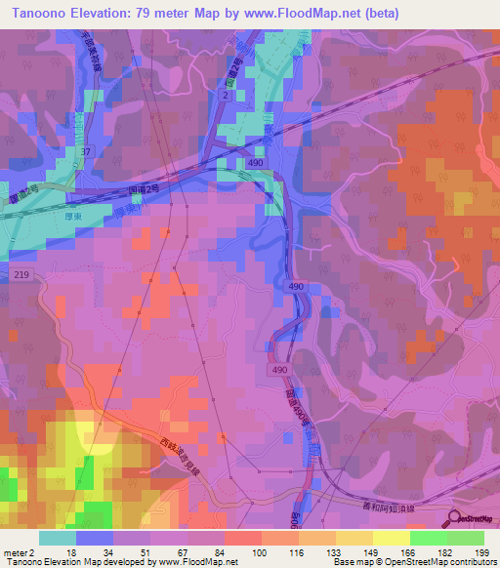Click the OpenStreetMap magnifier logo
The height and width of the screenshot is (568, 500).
[x=454, y=518]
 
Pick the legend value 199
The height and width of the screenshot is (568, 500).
[x=480, y=551]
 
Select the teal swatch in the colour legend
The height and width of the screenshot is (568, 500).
[x=58, y=538]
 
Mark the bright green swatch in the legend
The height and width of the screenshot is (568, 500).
[x=428, y=538]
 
